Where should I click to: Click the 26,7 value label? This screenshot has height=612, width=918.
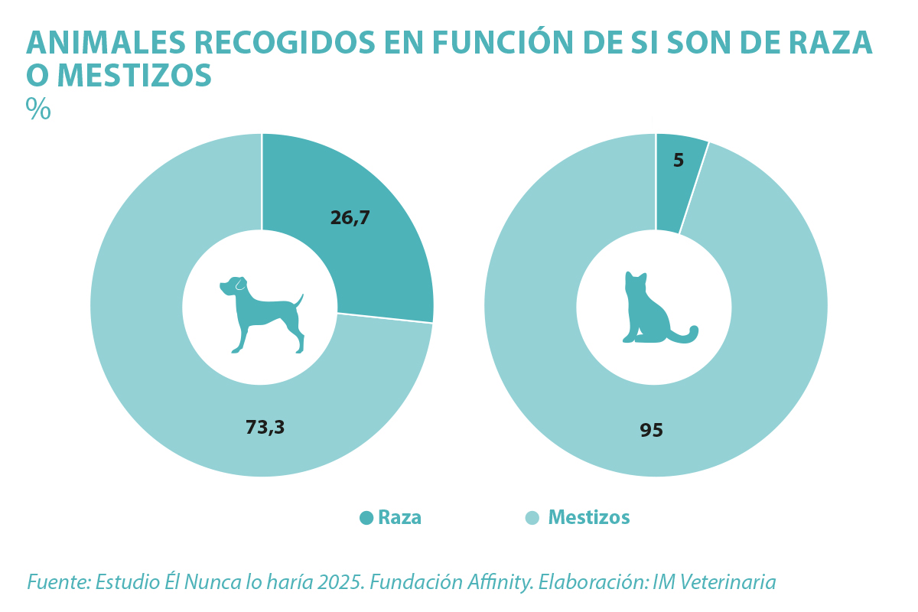click(350, 218)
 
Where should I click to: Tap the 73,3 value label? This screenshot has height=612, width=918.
click(265, 428)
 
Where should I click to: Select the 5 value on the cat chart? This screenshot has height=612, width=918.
click(679, 161)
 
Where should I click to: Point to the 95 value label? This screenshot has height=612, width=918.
click(652, 431)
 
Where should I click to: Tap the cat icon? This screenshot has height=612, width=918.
click(656, 309)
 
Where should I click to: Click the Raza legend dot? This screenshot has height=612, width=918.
click(366, 518)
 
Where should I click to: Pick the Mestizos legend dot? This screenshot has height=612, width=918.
click(532, 518)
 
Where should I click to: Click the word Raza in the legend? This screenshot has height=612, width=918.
click(400, 518)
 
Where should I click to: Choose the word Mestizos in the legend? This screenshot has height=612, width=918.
click(589, 518)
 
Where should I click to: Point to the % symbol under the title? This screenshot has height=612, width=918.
click(38, 109)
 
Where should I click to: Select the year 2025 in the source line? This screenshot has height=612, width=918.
click(341, 582)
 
